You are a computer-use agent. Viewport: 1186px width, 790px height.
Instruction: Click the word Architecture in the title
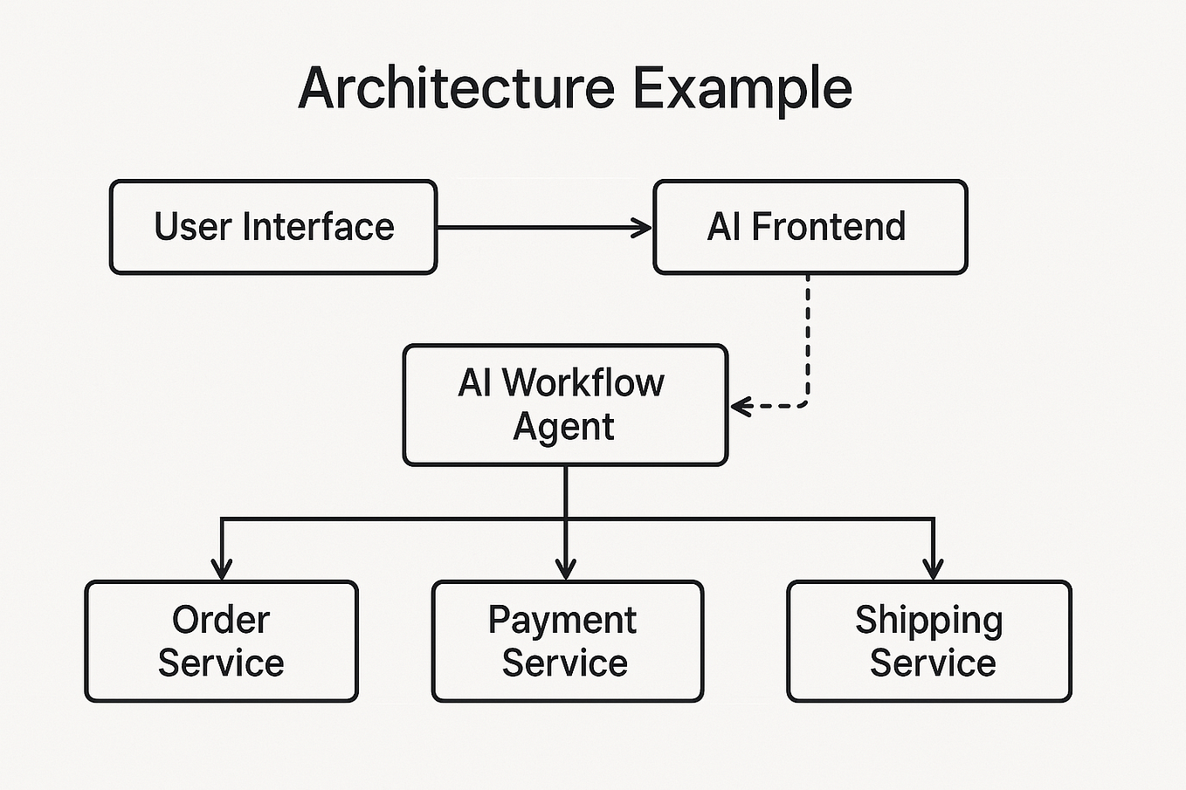(x=456, y=88)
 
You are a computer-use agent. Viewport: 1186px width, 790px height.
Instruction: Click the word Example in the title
(x=741, y=88)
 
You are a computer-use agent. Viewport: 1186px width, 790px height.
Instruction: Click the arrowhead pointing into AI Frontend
(x=644, y=228)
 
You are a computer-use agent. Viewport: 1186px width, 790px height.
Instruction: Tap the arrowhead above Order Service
(x=222, y=569)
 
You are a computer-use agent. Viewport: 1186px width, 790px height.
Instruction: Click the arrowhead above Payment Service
(x=566, y=569)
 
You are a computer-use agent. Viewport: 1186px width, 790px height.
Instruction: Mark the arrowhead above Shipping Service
(x=934, y=569)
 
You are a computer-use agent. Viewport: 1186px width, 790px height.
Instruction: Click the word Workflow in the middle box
(x=583, y=383)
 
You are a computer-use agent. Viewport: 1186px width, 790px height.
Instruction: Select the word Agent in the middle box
(x=563, y=427)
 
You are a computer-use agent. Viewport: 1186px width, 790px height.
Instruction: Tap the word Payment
(x=562, y=621)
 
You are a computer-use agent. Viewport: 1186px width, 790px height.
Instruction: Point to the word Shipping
(x=928, y=621)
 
